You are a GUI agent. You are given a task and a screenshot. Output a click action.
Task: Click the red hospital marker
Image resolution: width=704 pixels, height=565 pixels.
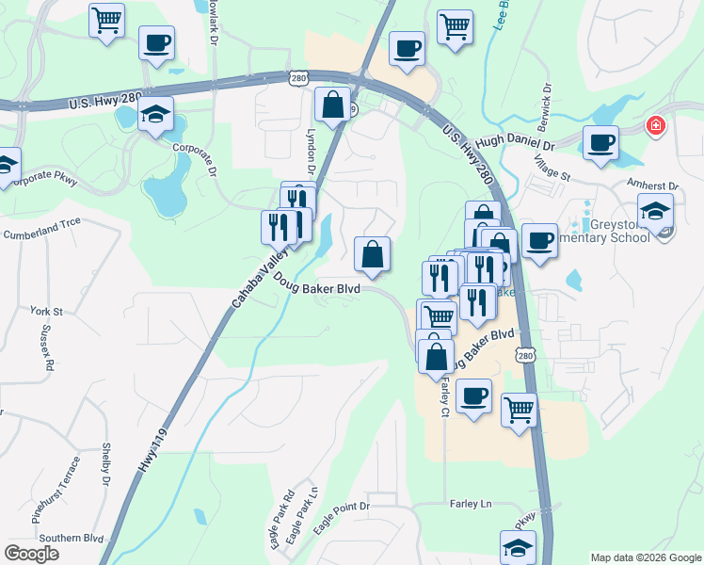(655, 125)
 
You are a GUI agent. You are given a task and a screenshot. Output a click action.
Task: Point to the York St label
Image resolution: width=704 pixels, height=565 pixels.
(45, 311)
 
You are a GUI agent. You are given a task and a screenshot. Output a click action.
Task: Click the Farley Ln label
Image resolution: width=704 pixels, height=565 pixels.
(471, 504)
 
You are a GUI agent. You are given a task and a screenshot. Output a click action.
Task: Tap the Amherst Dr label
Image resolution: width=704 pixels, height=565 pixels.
(653, 187)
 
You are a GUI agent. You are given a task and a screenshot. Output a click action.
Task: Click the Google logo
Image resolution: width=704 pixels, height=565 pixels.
(32, 554)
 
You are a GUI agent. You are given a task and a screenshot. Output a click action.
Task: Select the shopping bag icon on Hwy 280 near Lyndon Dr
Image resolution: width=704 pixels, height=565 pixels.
(332, 105)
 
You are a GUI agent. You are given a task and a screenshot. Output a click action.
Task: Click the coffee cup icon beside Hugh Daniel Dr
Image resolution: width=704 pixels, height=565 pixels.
(600, 143)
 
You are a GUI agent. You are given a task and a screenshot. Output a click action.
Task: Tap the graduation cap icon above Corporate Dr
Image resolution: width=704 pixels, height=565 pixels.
(155, 115)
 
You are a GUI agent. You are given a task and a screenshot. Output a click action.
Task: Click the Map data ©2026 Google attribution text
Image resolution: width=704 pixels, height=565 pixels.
(645, 557)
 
